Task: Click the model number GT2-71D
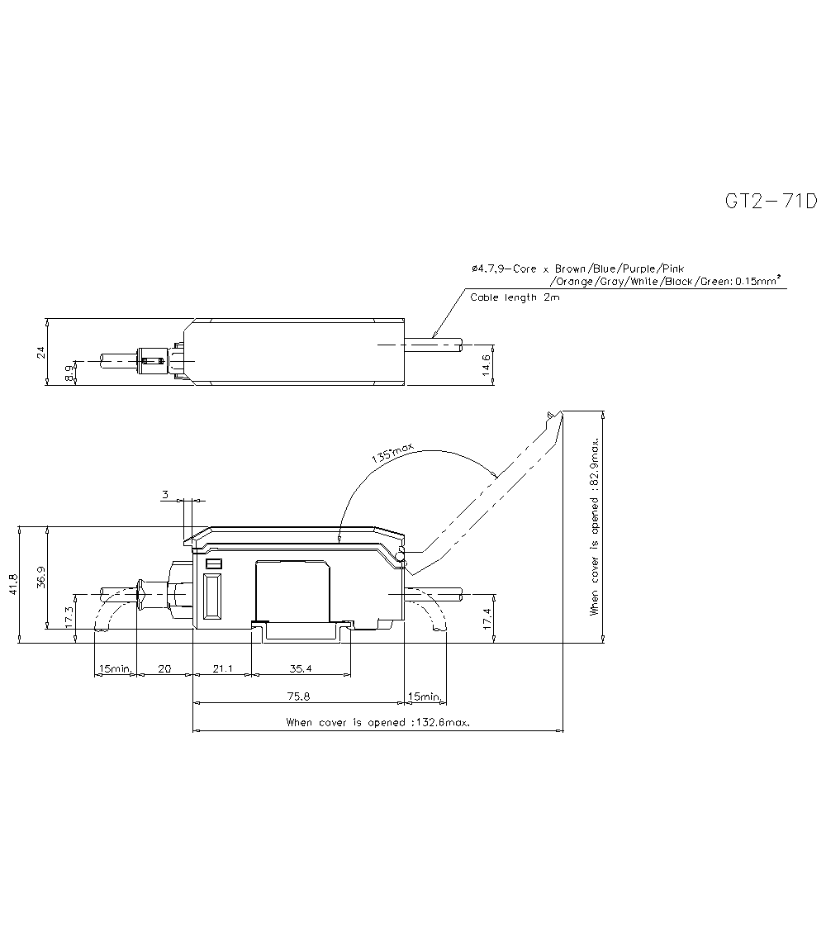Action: pos(771,202)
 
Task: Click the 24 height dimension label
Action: pos(40,353)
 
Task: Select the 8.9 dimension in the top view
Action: pos(70,373)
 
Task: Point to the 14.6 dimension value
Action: pos(487,364)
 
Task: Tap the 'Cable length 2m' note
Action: pos(515,297)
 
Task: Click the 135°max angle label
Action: pos(392,453)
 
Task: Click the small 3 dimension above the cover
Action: pos(165,495)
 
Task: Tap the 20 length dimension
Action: pos(164,669)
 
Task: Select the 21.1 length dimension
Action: pos(221,669)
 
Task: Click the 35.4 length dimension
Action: pos(300,669)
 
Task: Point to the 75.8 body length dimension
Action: pos(298,696)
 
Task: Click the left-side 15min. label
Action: pos(115,669)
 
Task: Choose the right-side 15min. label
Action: pos(425,696)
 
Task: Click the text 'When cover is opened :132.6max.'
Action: pos(377,722)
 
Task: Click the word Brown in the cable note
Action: pos(571,269)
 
